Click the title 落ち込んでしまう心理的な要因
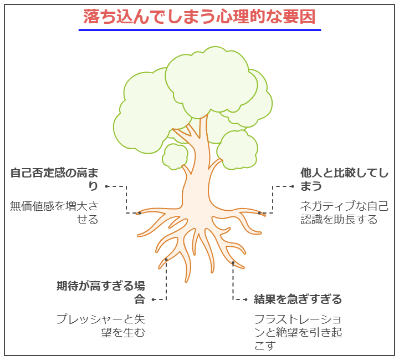coord(199,17)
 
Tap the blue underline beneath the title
coord(199,30)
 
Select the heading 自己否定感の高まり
coord(54,179)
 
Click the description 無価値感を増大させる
coord(54,212)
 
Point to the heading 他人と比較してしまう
coord(344,179)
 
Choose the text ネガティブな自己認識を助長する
coord(344,212)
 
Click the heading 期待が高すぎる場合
coord(101,292)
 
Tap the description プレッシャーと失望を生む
coord(101,326)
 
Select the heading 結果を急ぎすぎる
coord(298,299)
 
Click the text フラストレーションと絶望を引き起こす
coord(298,332)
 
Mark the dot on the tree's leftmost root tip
coord(140,213)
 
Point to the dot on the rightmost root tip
coord(259,213)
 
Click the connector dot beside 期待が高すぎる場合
coord(153,300)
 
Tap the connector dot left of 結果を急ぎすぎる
coord(246,300)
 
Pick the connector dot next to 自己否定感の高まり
coord(106,186)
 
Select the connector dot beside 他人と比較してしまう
coord(293,186)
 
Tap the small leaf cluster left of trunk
coord(175,156)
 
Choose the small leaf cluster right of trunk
coord(237,150)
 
